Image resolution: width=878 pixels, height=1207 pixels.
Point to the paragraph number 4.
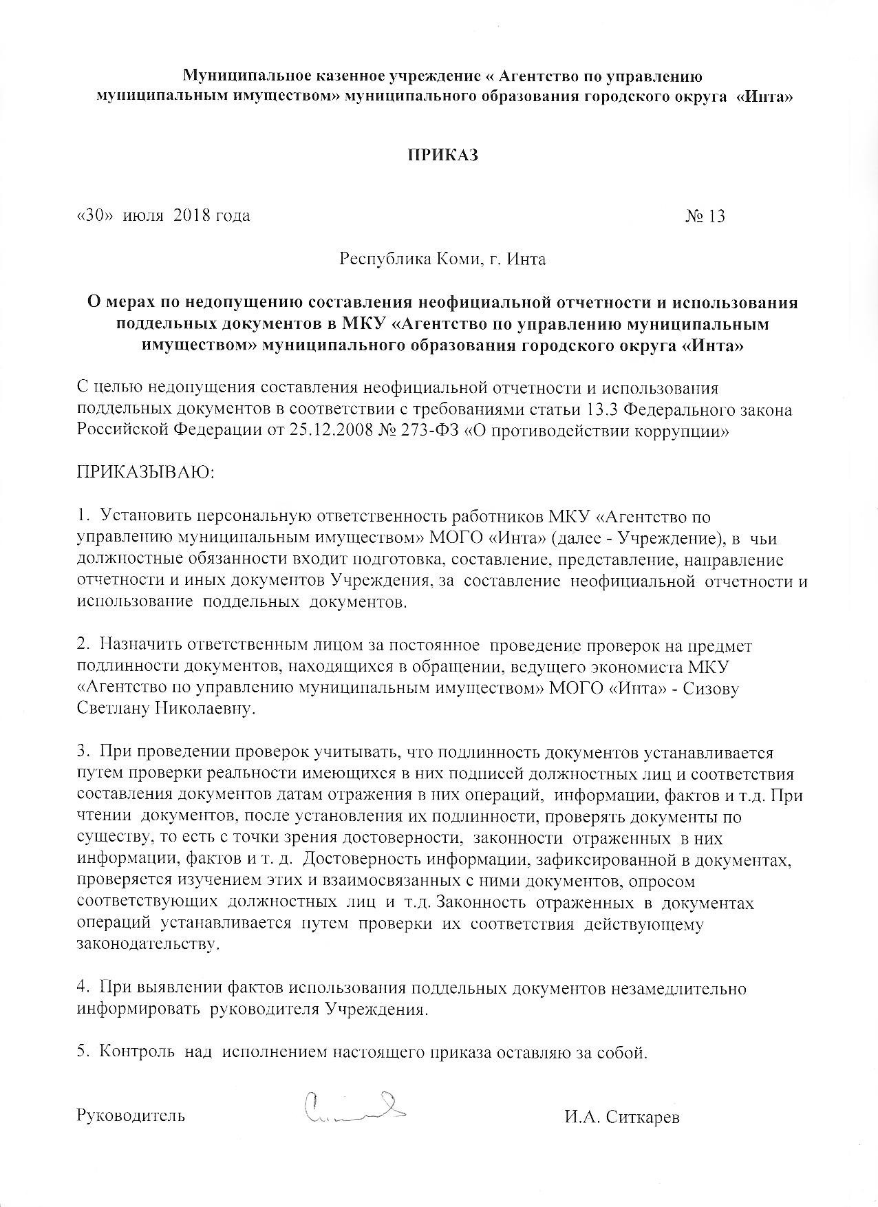[x=81, y=989]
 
